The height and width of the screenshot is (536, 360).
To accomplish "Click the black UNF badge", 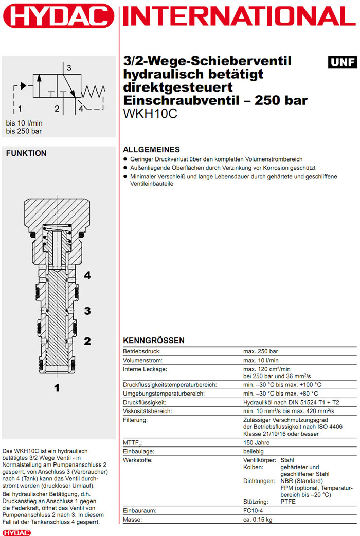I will (343, 62).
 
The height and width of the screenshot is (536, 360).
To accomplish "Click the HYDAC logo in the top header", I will (58, 15).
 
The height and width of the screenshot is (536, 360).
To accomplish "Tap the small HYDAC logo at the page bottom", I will (16, 532).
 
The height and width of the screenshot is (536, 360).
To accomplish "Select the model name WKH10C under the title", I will (150, 113).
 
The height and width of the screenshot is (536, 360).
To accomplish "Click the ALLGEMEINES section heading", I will (151, 150).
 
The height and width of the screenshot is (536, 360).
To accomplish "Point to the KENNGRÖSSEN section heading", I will (153, 341).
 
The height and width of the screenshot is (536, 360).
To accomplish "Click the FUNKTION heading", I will (26, 153).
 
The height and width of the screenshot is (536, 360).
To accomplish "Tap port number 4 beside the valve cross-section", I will (87, 275).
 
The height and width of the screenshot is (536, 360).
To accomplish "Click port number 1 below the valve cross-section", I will (57, 388).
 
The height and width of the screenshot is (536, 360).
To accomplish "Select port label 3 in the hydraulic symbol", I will (68, 67).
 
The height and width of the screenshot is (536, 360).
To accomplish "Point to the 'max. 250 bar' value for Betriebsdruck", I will (261, 351).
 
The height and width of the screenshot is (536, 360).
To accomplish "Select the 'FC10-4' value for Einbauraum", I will (255, 511).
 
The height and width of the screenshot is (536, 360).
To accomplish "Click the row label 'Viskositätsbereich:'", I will (147, 411).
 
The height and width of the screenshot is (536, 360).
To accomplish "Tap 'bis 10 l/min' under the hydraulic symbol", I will (24, 123).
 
